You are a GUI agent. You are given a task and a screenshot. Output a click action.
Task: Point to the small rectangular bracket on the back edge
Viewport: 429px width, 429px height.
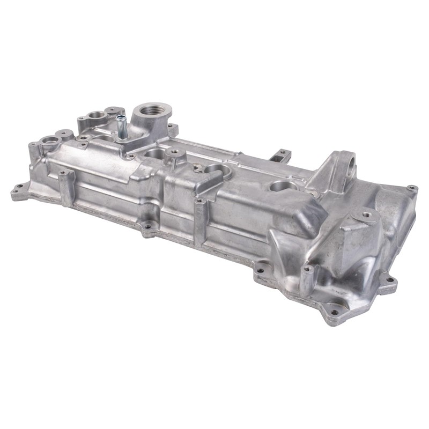pos(280,156)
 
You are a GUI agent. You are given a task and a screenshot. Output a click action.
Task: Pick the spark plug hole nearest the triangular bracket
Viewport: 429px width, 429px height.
pos(283,186)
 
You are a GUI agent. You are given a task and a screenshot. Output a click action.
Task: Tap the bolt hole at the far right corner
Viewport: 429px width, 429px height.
pos(411,188)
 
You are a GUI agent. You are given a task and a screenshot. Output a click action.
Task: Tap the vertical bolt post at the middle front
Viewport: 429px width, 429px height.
pos(200,220)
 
